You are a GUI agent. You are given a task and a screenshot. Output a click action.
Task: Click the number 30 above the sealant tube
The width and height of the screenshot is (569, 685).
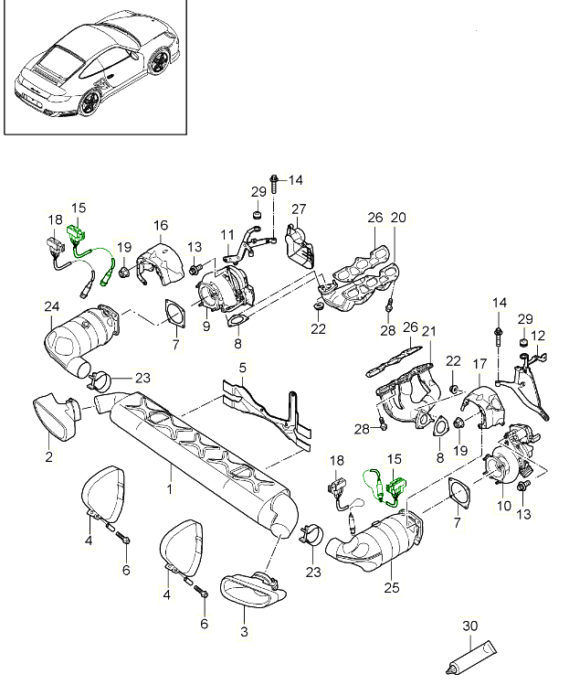(x=469, y=626)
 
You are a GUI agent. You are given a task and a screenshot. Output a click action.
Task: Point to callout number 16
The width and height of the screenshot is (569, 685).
(x=161, y=225)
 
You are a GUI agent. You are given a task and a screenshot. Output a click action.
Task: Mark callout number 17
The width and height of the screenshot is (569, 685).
(x=479, y=365)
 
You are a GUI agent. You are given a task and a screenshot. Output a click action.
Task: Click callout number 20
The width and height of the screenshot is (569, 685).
(x=397, y=218)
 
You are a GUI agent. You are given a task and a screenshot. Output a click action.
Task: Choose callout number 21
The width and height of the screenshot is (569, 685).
(x=428, y=331)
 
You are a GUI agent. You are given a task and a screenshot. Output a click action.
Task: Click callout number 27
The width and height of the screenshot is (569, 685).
(x=299, y=209)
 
